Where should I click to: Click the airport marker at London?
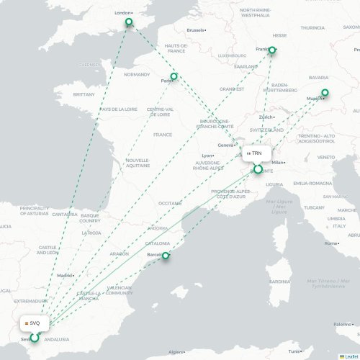(x=130, y=22)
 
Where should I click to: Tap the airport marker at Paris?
(x=174, y=76)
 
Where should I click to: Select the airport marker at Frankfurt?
(x=272, y=50)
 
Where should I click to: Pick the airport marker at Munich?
(x=325, y=92)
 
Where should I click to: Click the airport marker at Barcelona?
(x=166, y=256)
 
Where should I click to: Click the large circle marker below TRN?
(x=258, y=170)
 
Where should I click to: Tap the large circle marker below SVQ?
(x=34, y=338)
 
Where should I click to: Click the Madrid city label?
(x=66, y=275)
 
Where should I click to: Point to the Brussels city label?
(x=196, y=30)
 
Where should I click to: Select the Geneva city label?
(x=226, y=145)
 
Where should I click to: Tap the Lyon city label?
(x=208, y=156)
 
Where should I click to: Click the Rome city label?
(x=331, y=243)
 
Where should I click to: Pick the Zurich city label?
(x=267, y=117)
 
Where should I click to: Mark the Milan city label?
(x=279, y=163)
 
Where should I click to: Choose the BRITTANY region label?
(x=84, y=94)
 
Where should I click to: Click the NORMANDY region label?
(x=137, y=74)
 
